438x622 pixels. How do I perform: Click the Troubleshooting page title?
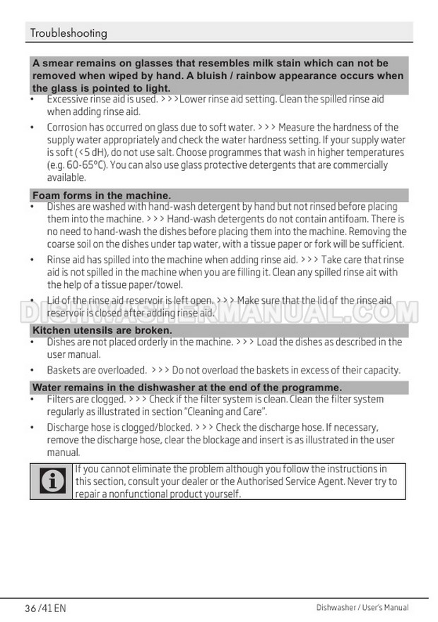(69, 33)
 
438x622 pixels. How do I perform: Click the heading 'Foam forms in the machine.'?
(102, 196)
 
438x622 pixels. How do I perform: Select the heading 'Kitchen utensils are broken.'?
(102, 330)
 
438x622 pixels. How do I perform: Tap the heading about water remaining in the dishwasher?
(187, 388)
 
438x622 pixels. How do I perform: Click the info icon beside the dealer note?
(52, 482)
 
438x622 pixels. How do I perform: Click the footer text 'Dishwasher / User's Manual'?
(362, 608)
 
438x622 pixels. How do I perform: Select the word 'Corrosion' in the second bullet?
(68, 128)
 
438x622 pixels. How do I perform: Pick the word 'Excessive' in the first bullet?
(67, 100)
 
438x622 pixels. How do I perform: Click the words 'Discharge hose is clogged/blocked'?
(119, 427)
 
